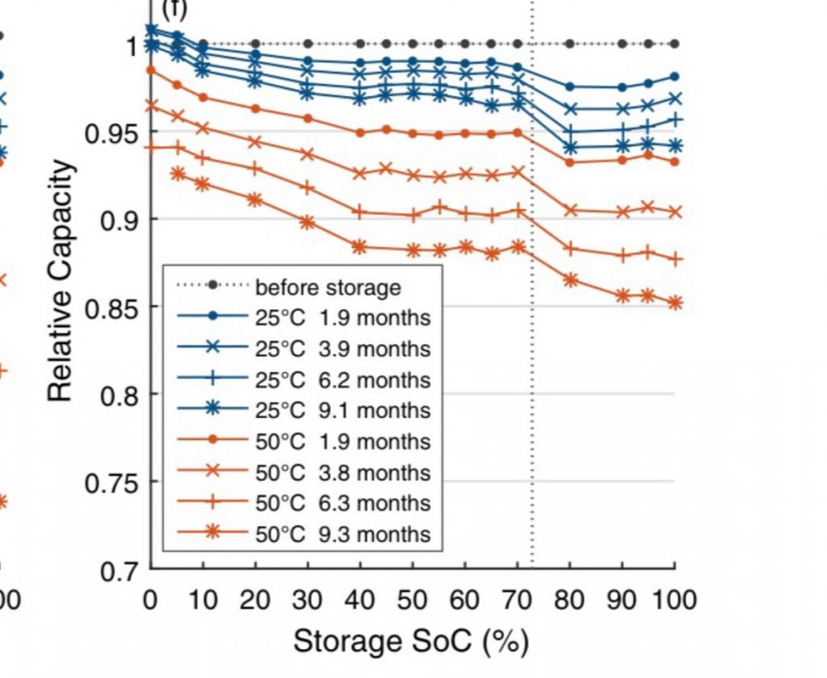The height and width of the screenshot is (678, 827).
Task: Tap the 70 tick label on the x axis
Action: pos(518,600)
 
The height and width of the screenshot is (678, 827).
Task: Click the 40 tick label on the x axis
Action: pos(360,600)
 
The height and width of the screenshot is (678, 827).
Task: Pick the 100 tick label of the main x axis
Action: pos(673,600)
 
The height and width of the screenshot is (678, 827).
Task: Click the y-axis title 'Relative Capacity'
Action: pos(61,281)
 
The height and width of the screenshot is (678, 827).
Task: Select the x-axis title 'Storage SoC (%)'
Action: pos(411,642)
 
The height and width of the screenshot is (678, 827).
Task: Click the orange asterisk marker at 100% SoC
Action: pos(675,303)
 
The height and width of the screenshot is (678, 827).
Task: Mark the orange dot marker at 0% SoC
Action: pos(151,70)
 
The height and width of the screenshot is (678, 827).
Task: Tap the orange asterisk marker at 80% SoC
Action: pos(570,280)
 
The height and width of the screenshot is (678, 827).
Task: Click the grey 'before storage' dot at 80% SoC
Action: pos(570,44)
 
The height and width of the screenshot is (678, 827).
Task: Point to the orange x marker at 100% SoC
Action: pos(675,212)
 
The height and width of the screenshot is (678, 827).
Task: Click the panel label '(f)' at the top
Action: pos(175,10)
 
